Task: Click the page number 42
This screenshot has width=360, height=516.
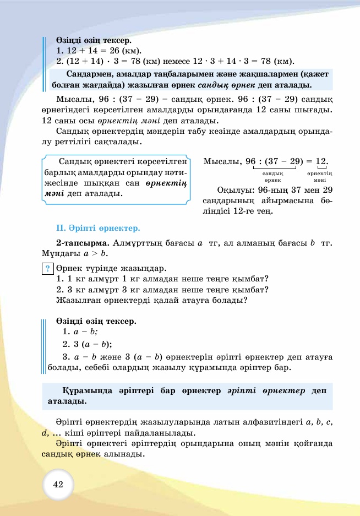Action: tap(58, 485)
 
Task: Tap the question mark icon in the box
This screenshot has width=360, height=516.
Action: tap(48, 269)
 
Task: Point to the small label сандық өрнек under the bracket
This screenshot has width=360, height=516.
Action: tap(273, 177)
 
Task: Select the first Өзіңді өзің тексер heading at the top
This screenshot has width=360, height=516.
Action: tap(94, 40)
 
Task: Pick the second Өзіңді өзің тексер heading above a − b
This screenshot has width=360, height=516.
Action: tap(96, 321)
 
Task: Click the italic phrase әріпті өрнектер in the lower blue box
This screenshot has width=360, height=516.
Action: tap(266, 390)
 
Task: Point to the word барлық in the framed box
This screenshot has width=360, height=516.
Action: tap(56, 172)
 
